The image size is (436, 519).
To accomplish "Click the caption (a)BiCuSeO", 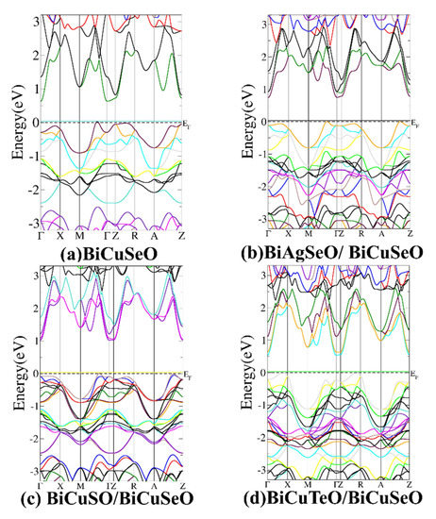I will [x=107, y=254].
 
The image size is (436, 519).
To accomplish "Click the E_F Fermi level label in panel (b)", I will [x=414, y=125].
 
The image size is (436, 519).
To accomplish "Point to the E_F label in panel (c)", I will [x=186, y=376].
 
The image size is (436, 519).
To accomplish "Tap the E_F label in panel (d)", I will [x=414, y=376].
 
